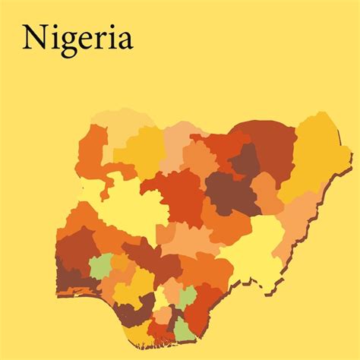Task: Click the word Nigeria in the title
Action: click(x=77, y=38)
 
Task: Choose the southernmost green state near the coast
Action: click(x=185, y=329)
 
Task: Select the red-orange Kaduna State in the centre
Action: click(x=176, y=194)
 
